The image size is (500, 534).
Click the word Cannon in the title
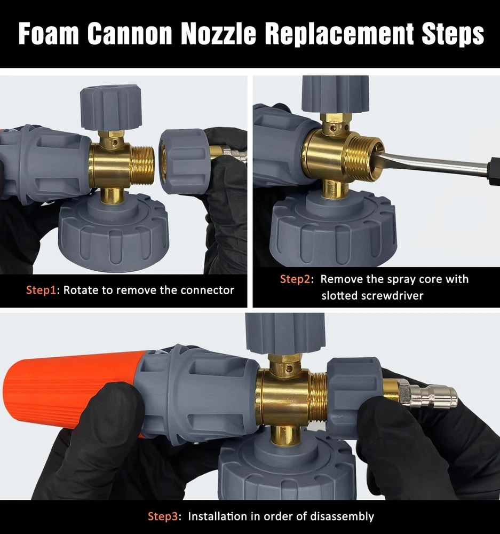pyautogui.click(x=129, y=34)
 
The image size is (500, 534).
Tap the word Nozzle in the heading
pyautogui.click(x=218, y=34)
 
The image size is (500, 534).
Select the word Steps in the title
pyautogui.click(x=453, y=34)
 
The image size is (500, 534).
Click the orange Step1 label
pyautogui.click(x=41, y=290)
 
